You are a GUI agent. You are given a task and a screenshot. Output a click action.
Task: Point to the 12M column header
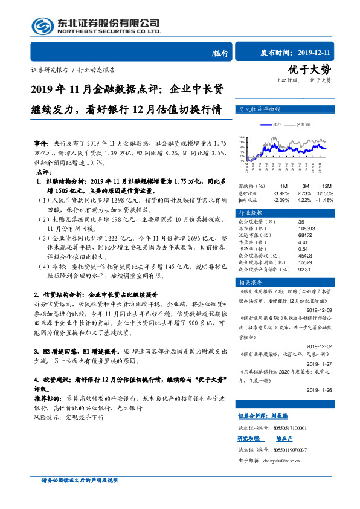coord(326,186)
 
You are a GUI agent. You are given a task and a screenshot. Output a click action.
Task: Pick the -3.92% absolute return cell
coord(281,192)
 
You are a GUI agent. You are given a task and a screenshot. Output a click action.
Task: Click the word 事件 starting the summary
coord(40,144)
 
